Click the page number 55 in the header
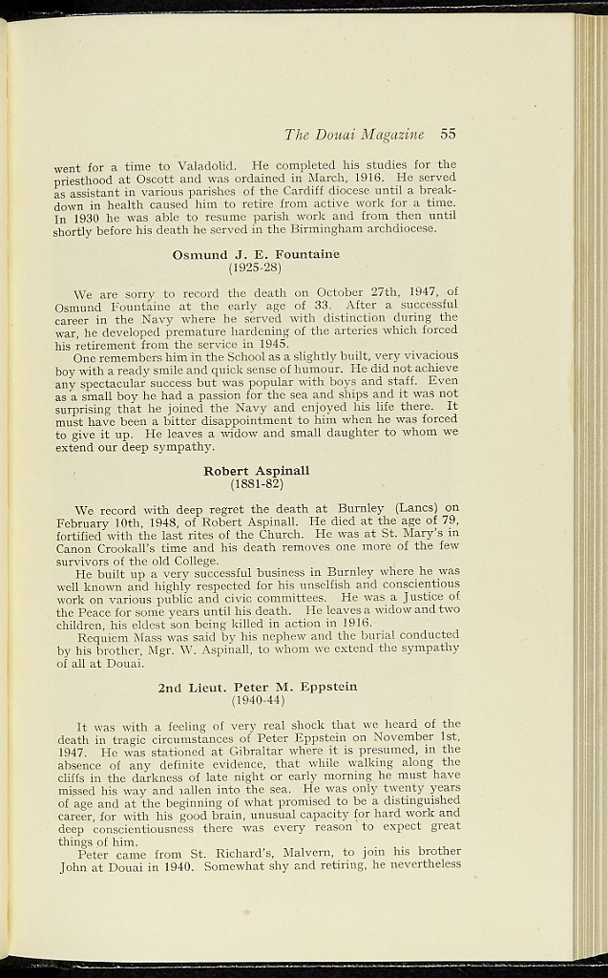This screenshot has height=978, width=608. (449, 133)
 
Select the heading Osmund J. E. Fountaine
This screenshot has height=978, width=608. (256, 255)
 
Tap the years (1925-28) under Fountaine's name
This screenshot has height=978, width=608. (256, 267)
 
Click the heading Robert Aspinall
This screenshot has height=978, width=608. (257, 471)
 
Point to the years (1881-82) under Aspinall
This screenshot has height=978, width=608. (257, 483)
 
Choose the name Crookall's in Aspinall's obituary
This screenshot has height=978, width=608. (134, 546)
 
